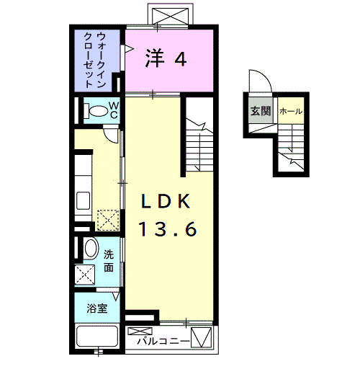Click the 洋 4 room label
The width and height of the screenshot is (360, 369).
point(166,58)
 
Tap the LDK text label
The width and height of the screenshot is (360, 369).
point(166,201)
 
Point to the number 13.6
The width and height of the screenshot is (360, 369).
point(168,229)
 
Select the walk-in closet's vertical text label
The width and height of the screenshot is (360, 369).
point(94,60)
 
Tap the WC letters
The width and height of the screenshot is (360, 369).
point(114,110)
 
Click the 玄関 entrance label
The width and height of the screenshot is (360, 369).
point(261,111)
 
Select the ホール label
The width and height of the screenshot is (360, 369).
point(291,111)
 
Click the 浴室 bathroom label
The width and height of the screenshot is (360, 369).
point(96,308)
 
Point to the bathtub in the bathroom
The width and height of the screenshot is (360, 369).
point(97,336)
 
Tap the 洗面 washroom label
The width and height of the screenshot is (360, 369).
point(109,261)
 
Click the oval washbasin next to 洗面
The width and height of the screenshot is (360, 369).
point(91,248)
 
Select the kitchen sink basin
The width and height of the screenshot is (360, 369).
point(84,200)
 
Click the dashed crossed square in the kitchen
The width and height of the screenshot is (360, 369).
point(108,221)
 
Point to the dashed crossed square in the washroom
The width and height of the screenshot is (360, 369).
point(85,275)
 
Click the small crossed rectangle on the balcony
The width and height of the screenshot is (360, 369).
point(140,332)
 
